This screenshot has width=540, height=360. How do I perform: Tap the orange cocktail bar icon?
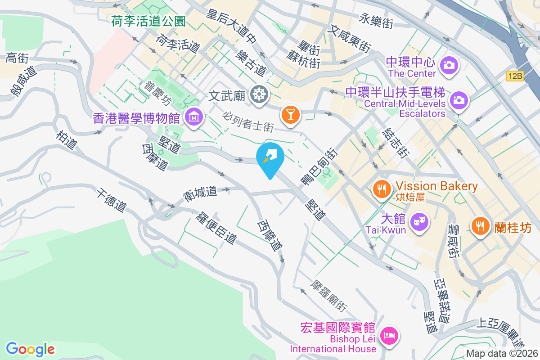pos(290,114)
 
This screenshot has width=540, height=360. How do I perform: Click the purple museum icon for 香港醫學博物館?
pos(194,117)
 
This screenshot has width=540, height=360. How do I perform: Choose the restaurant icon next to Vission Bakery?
pos(382,189)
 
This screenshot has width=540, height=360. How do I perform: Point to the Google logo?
pos(30,349)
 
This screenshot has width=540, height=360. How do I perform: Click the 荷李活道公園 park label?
pos(148,21)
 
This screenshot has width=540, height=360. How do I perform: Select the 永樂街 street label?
pos(377,20)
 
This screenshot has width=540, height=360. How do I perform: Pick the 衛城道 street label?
pos(201,192)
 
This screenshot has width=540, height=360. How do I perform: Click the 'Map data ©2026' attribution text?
pos(502,354)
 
